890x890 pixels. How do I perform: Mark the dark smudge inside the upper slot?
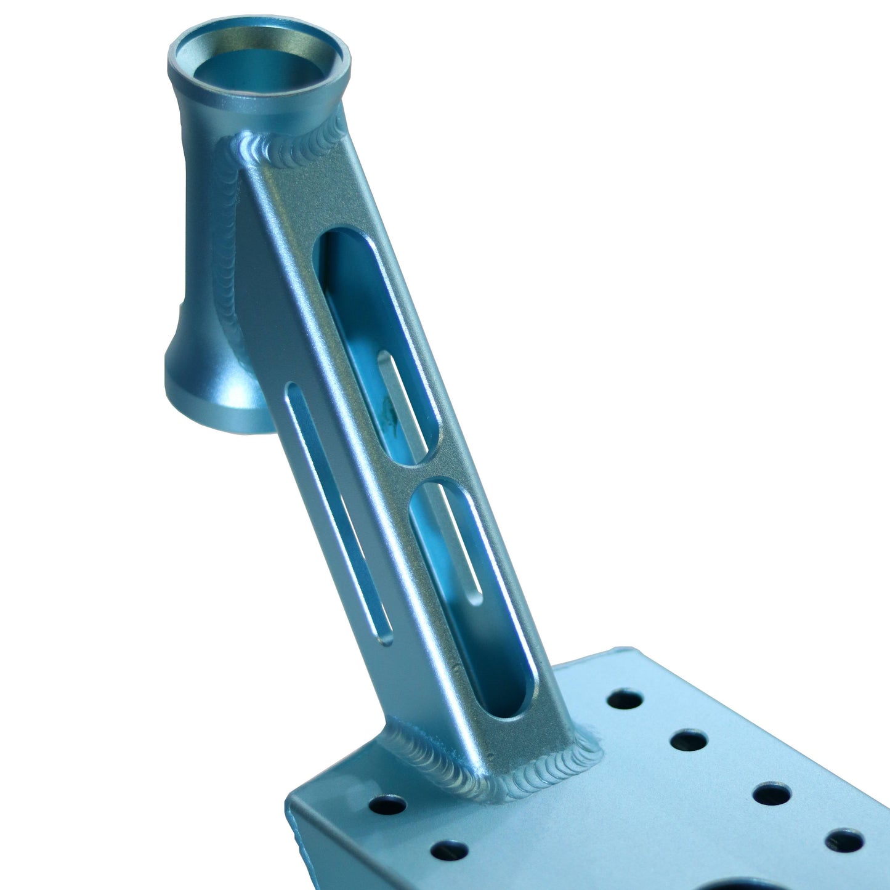click(x=388, y=410)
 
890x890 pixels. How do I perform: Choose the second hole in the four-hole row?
click(x=689, y=740)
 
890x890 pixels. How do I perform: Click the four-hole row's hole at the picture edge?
click(x=844, y=841)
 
